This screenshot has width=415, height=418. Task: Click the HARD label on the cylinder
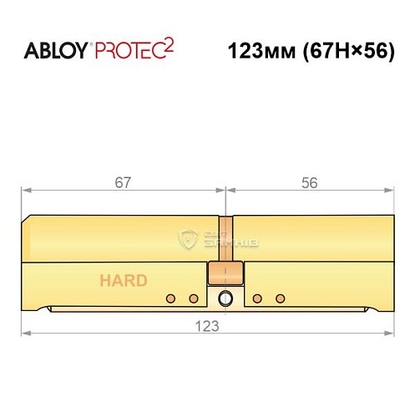pyautogui.click(x=124, y=280)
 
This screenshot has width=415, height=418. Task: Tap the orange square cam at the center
pyautogui.click(x=225, y=273)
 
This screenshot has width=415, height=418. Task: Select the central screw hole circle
pyautogui.click(x=225, y=298)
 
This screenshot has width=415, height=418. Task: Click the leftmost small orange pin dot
pyautogui.click(x=170, y=298)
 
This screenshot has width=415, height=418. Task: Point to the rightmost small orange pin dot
pyautogui.click(x=280, y=298)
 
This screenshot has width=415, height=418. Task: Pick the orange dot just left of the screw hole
pyautogui.click(x=193, y=298)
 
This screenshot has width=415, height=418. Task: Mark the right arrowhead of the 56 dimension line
pyautogui.click(x=388, y=191)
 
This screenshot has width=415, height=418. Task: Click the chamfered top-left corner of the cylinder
pyautogui.click(x=28, y=219)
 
